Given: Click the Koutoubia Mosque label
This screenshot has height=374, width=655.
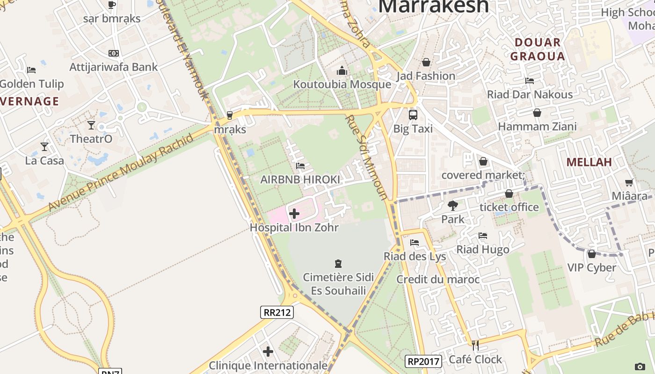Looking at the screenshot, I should [x=342, y=84].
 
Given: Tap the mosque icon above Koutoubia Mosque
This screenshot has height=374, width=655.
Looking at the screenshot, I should [x=342, y=71].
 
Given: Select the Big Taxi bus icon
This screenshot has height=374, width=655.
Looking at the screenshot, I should [x=413, y=115].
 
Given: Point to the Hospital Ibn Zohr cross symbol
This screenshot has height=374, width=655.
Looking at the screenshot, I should [x=294, y=214].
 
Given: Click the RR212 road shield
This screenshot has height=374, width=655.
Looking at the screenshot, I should [x=277, y=312].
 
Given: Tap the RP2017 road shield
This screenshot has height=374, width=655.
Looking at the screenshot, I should [x=423, y=361].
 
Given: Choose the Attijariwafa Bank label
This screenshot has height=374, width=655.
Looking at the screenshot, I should [x=114, y=67].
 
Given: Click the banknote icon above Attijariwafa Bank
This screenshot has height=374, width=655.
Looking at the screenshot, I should [x=114, y=53].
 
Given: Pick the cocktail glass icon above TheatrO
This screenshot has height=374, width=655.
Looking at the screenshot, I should [x=91, y=125].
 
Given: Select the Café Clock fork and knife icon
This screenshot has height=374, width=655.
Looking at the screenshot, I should [x=475, y=345].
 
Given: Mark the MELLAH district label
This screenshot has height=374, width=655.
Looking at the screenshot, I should [x=589, y=162].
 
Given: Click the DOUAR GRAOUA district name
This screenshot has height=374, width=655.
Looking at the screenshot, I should [x=538, y=50].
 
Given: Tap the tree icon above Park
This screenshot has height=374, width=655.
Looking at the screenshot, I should [x=453, y=205].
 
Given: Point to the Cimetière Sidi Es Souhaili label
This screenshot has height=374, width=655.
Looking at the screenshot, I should [x=338, y=284].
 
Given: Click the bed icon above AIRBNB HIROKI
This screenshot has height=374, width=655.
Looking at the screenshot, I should [x=300, y=166].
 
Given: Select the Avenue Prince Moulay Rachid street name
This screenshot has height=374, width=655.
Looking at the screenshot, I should [x=121, y=173].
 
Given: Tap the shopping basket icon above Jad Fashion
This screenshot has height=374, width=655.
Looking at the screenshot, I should [x=426, y=62].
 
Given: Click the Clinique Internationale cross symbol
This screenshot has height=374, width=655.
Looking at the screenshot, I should [x=268, y=352].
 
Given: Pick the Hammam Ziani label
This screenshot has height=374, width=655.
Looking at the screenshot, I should [x=537, y=126].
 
